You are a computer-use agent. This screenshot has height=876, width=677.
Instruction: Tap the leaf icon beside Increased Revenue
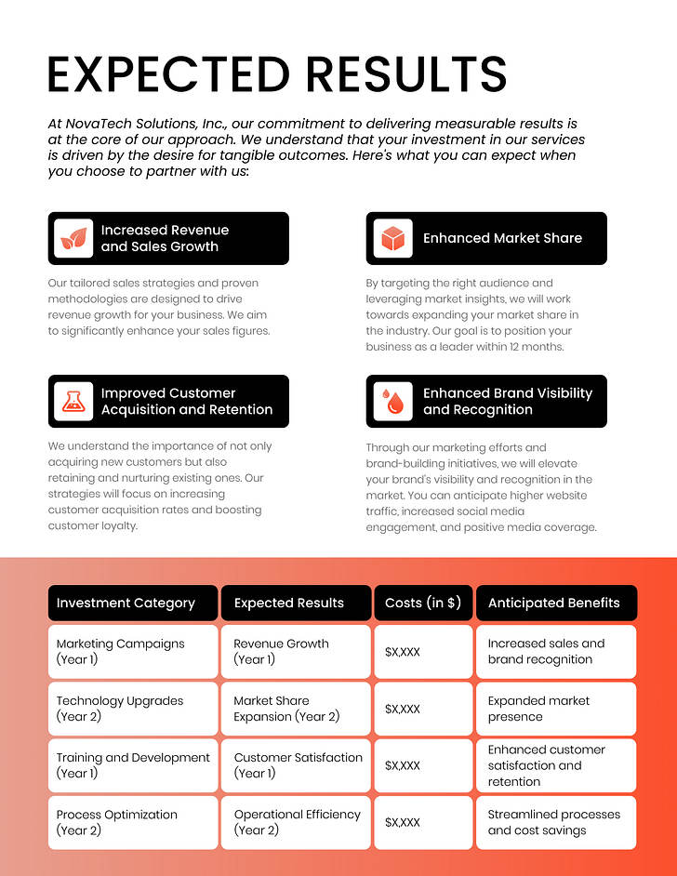coord(73,238)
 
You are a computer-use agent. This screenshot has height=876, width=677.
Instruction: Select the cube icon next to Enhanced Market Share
coord(392,238)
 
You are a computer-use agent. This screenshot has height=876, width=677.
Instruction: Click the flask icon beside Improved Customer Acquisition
coord(73,401)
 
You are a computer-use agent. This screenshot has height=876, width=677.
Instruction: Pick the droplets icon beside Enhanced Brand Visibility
coord(392,401)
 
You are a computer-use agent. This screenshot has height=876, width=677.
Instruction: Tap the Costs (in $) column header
coord(423,603)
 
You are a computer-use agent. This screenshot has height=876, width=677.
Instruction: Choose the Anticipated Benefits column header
coord(556,603)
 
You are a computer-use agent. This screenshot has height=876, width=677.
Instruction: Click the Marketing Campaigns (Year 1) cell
coord(133,651)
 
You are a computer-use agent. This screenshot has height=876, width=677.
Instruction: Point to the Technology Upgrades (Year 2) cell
coord(133,709)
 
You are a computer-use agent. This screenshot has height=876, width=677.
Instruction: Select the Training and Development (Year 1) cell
coord(133,765)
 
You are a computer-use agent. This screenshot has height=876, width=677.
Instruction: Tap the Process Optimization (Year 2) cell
coord(133,822)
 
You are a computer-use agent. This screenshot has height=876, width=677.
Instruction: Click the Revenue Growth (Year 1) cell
coord(296,651)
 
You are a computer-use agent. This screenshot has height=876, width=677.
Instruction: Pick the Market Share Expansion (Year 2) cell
coord(296,709)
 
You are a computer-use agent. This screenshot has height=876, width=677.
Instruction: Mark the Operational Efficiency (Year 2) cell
coord(296,822)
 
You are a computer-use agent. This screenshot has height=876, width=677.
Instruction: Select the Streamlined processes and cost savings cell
coord(556,822)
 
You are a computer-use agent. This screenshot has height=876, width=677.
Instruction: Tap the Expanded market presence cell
coord(556,709)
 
